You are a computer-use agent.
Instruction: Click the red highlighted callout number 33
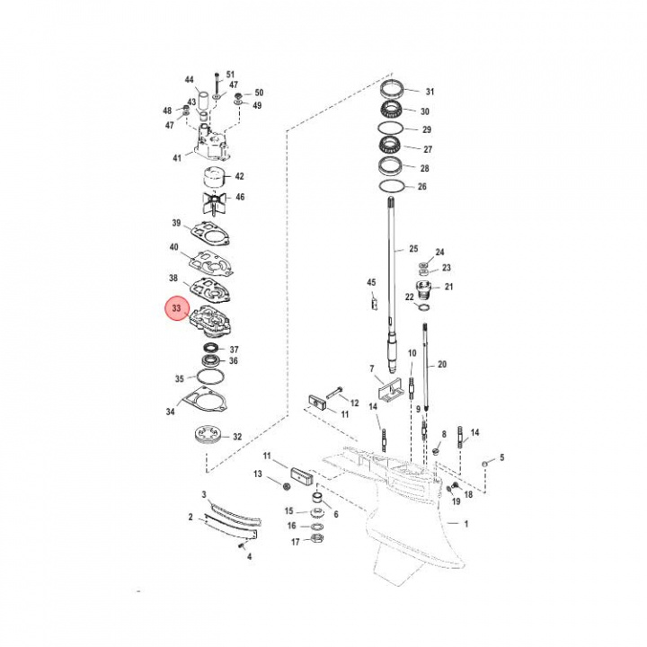[x=176, y=310]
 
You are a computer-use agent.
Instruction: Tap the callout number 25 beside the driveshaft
[x=413, y=248]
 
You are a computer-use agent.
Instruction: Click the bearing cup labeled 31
[x=393, y=92]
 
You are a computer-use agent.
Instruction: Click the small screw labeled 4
[x=241, y=545]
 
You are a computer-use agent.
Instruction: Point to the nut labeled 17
[x=317, y=540]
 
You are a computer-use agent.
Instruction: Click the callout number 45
[x=371, y=283]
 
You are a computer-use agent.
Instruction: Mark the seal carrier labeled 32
[x=208, y=438]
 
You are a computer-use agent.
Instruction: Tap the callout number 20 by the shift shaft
[x=441, y=364]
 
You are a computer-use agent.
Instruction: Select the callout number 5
[x=501, y=457]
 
